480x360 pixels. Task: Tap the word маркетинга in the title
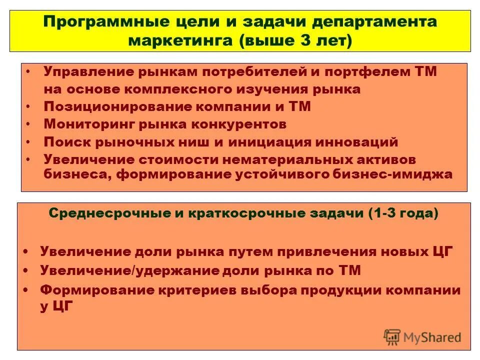(180, 40)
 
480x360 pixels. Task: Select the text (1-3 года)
(403, 214)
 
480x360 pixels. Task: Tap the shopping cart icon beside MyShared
(391, 337)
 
